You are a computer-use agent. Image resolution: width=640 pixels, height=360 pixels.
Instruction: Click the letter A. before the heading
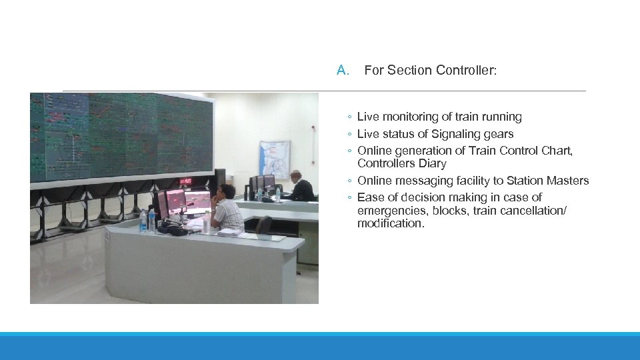pyautogui.click(x=343, y=70)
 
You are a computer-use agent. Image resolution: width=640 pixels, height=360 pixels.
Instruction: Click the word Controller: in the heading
pyautogui.click(x=465, y=70)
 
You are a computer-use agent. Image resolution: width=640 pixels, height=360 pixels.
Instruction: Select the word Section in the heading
pyautogui.click(x=409, y=70)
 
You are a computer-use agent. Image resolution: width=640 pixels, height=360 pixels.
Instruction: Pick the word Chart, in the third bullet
pyautogui.click(x=557, y=151)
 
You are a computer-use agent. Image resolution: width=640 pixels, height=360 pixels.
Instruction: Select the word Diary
pyautogui.click(x=433, y=163)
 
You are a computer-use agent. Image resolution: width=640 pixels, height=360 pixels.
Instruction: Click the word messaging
pyautogui.click(x=425, y=181)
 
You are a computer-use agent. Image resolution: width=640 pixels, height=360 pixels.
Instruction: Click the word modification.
pyautogui.click(x=391, y=223)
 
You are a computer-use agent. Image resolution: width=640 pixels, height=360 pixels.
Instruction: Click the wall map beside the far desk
pyautogui.click(x=275, y=159)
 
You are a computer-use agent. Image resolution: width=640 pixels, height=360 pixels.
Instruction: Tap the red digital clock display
pyautogui.click(x=185, y=181)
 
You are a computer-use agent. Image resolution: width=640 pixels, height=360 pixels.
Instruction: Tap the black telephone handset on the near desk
pyautogui.click(x=175, y=230)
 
